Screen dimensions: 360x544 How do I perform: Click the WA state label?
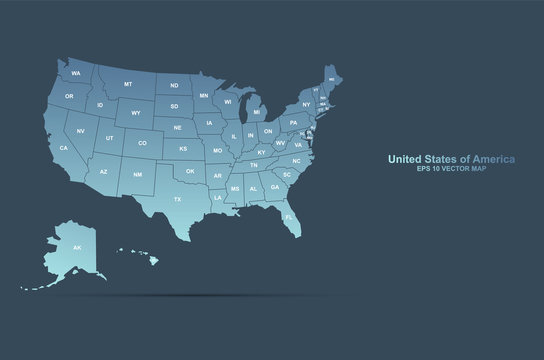[76, 73]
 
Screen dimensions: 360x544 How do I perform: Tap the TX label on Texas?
[178, 200]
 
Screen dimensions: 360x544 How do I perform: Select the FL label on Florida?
[288, 216]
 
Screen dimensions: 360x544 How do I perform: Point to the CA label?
[64, 148]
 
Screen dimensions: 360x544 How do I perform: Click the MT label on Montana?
[128, 84]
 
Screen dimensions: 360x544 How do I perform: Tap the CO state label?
[142, 143]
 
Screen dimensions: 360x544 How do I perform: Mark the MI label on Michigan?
[256, 113]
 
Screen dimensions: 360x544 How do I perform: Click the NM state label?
[137, 175]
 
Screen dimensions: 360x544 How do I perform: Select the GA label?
[274, 187]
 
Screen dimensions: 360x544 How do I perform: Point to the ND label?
[174, 86]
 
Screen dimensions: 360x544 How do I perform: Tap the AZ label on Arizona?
[104, 172]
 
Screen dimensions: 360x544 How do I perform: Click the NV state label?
[80, 131]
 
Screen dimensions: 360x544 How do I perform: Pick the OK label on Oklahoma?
[191, 171]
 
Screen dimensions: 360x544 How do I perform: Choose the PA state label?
[293, 122]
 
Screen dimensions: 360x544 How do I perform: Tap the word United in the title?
[408, 159]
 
